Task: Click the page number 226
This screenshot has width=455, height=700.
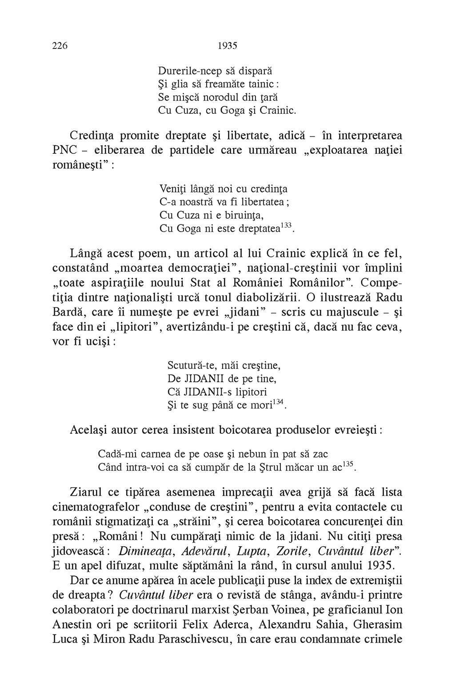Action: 60,45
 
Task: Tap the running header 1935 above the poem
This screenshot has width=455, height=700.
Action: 228,45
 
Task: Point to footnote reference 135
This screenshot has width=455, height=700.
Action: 348,464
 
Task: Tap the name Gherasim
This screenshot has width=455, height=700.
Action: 378,624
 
